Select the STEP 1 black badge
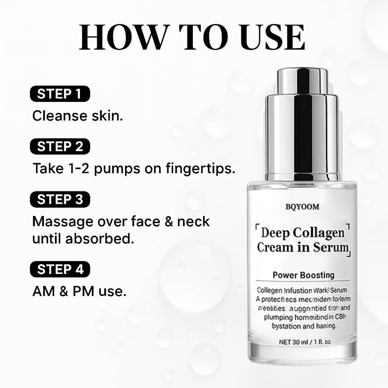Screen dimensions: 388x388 click(x=60, y=94)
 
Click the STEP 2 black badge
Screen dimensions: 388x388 click(x=60, y=147)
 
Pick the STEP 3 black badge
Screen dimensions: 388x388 click(x=60, y=199)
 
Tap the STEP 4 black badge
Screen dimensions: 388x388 click(x=60, y=270)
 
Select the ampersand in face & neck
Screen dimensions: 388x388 click(x=169, y=221)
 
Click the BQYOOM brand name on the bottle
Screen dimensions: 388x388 click(x=302, y=207)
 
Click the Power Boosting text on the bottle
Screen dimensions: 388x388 click(x=303, y=275)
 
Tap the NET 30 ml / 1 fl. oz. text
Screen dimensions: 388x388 click(x=305, y=341)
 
